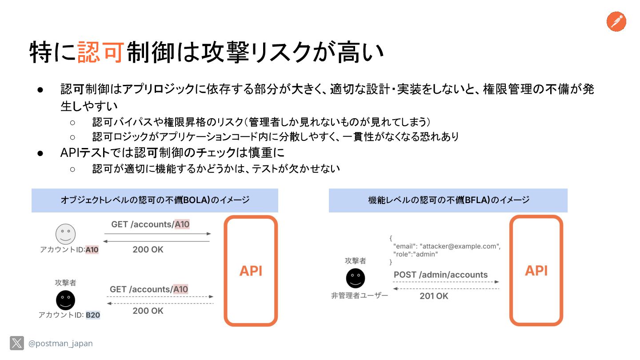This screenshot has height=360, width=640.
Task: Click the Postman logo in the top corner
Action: pos(616,21)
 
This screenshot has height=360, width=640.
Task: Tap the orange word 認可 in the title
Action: pos(100,52)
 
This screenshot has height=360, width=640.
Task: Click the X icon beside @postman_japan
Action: pos(17,343)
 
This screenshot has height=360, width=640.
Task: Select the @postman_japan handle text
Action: pos(60,344)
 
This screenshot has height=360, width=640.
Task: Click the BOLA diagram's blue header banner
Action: pos(155,200)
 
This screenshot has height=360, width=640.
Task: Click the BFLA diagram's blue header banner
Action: pos(448,200)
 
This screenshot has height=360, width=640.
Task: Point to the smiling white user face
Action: pos(65,234)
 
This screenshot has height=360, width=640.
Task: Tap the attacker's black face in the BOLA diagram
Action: pos(65,300)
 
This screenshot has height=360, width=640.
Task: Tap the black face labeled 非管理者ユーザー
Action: pos(356,278)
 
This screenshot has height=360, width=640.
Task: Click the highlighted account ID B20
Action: pos(93,315)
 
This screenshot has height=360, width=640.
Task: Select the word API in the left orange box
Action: pos(251,271)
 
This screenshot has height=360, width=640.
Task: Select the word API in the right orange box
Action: pos(536,270)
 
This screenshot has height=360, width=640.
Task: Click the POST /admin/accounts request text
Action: pos(440,275)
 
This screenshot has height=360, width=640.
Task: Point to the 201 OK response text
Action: pos(434,296)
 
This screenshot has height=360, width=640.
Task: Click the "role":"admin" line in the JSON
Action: pos(416,254)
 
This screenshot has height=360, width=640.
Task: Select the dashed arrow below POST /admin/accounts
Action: pos(446,282)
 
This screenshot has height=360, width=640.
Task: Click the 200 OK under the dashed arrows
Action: pos(148,311)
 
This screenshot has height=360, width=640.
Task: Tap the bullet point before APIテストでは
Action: pos(40,152)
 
